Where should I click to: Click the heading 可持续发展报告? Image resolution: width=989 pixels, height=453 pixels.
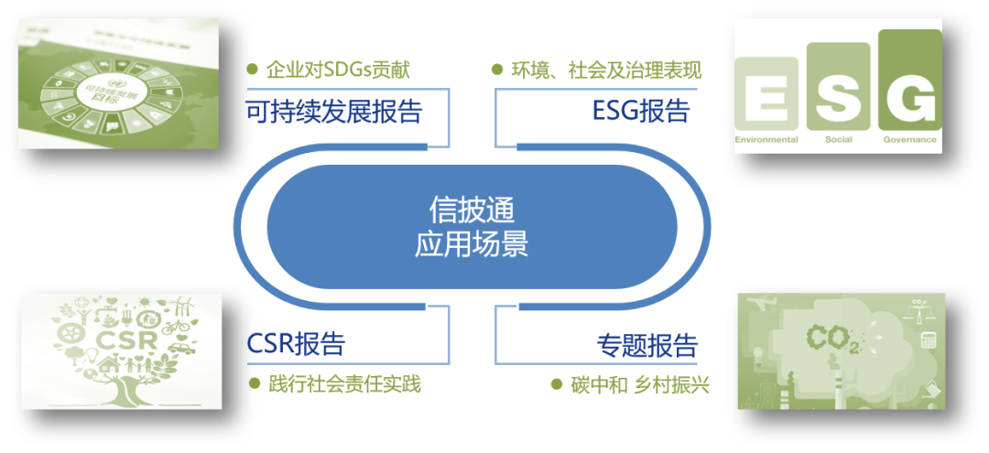click(334, 112)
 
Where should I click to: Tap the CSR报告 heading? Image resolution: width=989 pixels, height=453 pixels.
click(296, 344)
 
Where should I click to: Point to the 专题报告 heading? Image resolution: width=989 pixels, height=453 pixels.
click(647, 346)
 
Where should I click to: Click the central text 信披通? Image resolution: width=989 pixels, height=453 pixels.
click(472, 210)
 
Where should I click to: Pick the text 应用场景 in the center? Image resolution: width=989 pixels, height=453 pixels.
click(472, 244)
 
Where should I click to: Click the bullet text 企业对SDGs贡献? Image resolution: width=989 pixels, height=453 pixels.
click(338, 70)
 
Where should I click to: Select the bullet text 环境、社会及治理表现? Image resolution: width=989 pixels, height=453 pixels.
click(605, 70)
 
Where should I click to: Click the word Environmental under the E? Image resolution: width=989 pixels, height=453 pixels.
click(766, 140)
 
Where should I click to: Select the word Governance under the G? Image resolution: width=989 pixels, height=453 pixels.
click(909, 140)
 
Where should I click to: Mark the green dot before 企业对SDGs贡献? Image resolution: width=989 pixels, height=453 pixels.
click(252, 70)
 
